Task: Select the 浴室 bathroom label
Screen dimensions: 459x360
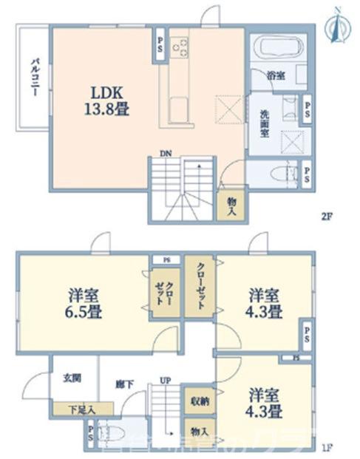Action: click(276, 73)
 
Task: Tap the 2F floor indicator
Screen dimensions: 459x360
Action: click(326, 217)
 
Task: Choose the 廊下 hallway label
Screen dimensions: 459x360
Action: click(123, 384)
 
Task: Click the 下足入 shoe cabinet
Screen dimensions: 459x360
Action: click(81, 407)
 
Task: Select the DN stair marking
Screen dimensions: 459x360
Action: click(166, 154)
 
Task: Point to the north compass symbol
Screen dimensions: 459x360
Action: click(338, 23)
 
